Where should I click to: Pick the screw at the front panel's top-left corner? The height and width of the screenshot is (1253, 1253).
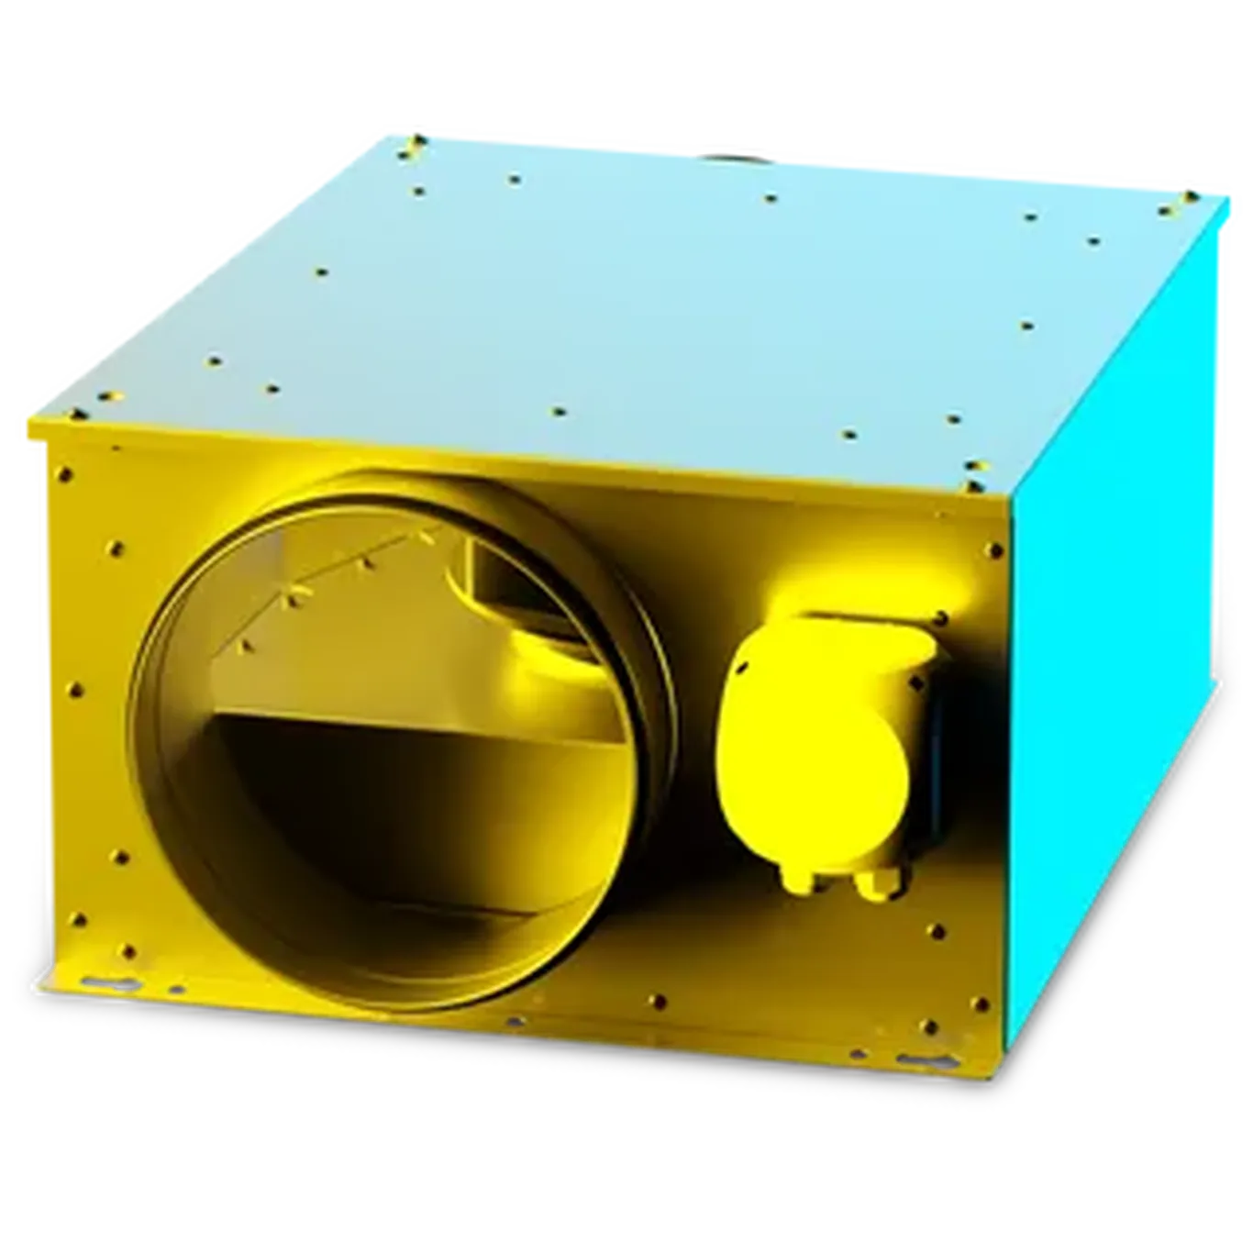click(x=64, y=474)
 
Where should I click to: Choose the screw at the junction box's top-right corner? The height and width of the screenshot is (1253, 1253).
click(x=940, y=616)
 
